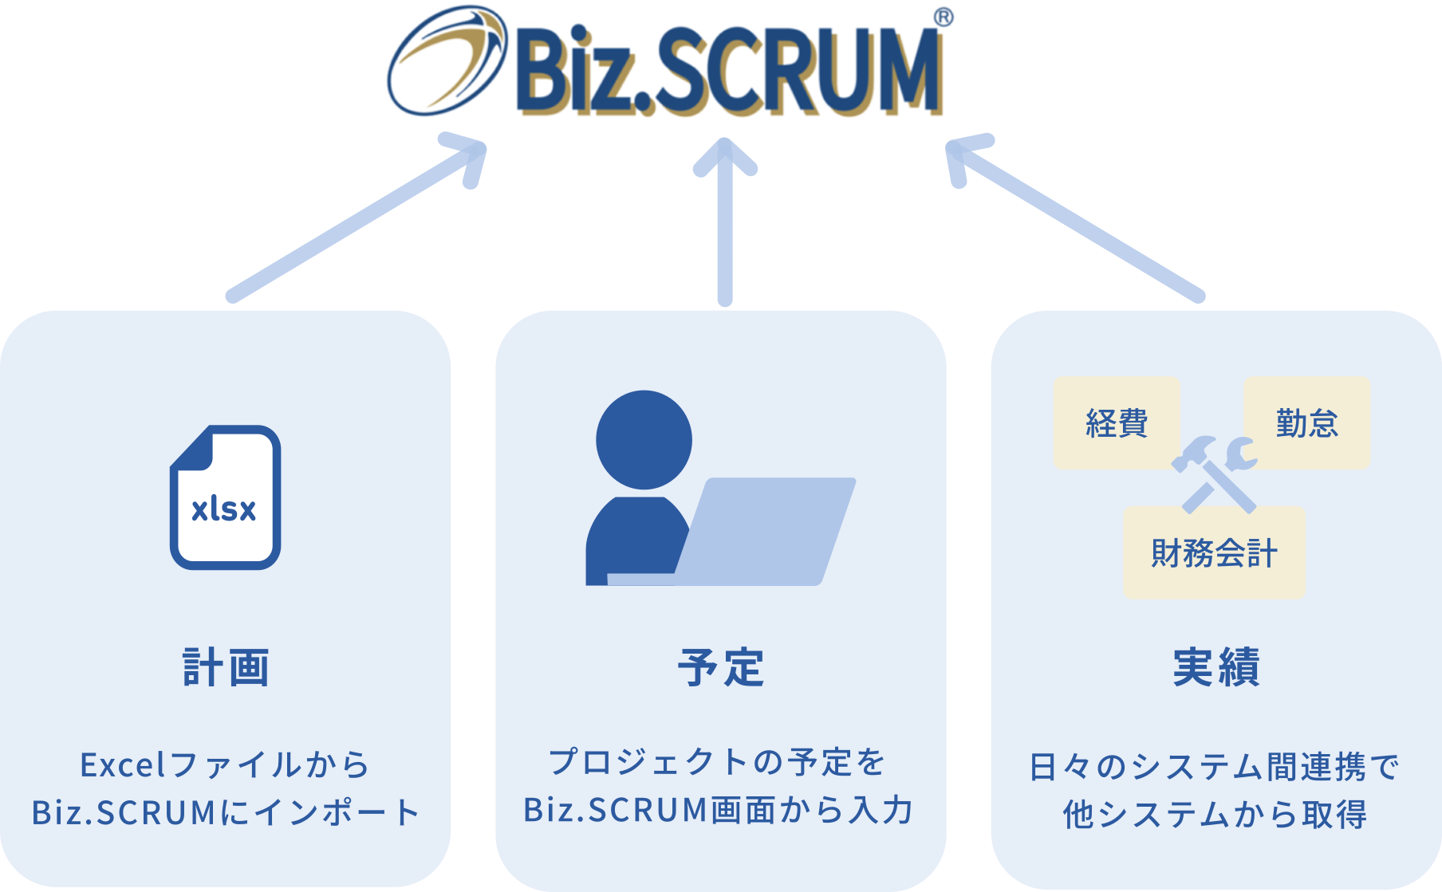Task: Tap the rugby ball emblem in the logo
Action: pyautogui.click(x=447, y=62)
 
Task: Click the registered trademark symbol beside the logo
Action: pyautogui.click(x=944, y=18)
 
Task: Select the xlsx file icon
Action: pyautogui.click(x=225, y=497)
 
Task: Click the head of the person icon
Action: pyautogui.click(x=644, y=439)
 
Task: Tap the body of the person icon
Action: pyautogui.click(x=636, y=542)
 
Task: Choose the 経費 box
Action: pyautogui.click(x=1116, y=422)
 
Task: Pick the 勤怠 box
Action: pyautogui.click(x=1306, y=422)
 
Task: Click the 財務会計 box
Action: pyautogui.click(x=1213, y=552)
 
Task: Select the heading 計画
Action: pyautogui.click(x=226, y=667)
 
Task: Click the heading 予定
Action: pyautogui.click(x=721, y=667)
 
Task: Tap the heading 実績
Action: pyautogui.click(x=1216, y=667)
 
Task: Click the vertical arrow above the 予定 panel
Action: pyautogui.click(x=725, y=223)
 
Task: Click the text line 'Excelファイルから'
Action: pyautogui.click(x=226, y=764)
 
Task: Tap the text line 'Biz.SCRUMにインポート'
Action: pyautogui.click(x=226, y=812)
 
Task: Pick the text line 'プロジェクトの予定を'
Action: pyautogui.click(x=718, y=762)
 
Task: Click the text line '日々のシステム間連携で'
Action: pyautogui.click(x=1215, y=767)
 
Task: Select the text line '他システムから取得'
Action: pyautogui.click(x=1215, y=815)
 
